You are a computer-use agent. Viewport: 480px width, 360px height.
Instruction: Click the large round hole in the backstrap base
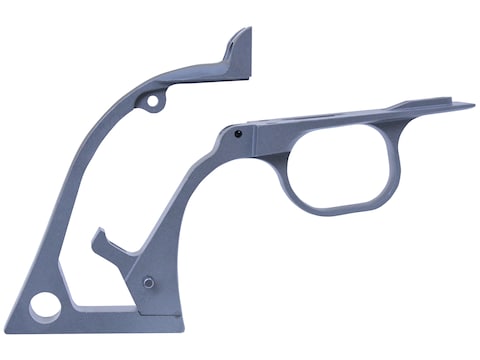click(x=44, y=306)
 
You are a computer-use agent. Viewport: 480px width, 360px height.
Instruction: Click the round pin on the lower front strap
click(x=148, y=282)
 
